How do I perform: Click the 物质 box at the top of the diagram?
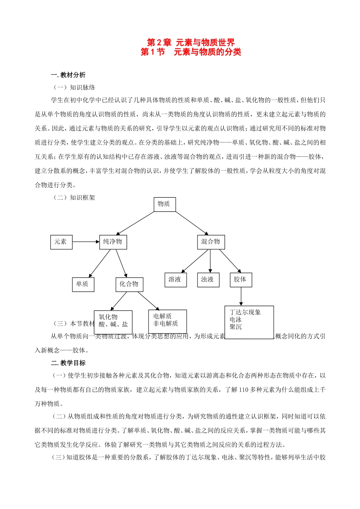pos(164,204)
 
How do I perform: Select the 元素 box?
pos(61,242)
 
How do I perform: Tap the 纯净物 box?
pos(113,242)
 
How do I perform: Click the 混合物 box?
pos(211,242)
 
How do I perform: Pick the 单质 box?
pos(83,284)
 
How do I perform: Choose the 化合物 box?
pos(129,284)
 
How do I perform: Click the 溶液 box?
pos(175,279)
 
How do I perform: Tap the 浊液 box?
pos(208,279)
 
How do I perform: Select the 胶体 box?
pos(240,279)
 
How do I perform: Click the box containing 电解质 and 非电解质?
pos(167,321)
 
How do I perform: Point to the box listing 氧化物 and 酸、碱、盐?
pos(113,321)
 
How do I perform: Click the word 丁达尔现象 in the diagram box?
pos(245,312)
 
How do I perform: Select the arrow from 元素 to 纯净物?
pos(86,242)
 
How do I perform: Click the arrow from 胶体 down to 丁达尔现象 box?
pos(241,296)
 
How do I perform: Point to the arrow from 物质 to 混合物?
pos(191,223)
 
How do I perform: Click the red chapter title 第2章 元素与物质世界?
pos(191,42)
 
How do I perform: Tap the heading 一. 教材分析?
pos(68,75)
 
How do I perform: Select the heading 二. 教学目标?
pos(68,363)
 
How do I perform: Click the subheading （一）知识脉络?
pos(74,87)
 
